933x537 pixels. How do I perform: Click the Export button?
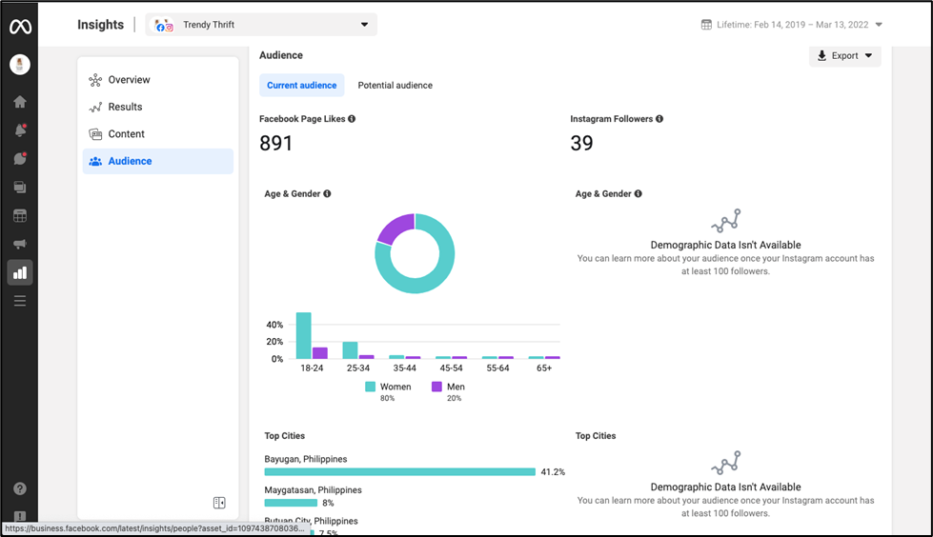click(844, 56)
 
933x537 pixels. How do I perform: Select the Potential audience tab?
click(395, 86)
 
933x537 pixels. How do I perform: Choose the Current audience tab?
click(301, 86)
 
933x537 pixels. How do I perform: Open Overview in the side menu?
click(129, 80)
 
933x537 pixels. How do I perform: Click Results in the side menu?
click(125, 108)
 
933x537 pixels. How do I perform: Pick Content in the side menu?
click(126, 134)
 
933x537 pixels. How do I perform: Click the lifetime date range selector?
click(791, 25)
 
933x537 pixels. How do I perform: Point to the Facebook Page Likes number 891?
click(276, 144)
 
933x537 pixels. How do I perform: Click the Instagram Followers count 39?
click(581, 144)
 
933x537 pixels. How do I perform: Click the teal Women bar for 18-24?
click(304, 335)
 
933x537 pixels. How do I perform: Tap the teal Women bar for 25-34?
click(350, 349)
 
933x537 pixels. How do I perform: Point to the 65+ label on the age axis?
click(544, 368)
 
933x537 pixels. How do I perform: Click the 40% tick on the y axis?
click(274, 325)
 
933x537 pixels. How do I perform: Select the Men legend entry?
click(448, 387)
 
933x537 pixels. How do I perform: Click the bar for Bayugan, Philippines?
click(399, 471)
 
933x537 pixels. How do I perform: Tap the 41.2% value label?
click(553, 471)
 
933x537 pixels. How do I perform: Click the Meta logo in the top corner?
click(20, 27)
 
